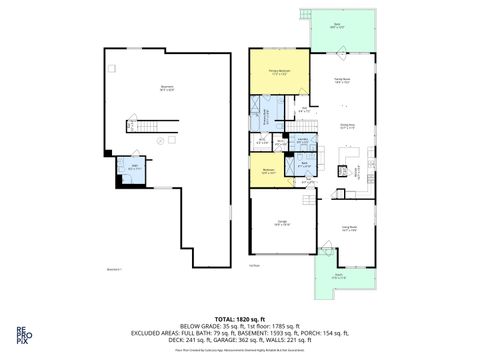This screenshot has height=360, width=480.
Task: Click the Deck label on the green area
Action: pos(337,25)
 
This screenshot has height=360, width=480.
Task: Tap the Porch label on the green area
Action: pos(338,276)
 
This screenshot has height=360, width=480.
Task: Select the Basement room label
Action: pos(167,88)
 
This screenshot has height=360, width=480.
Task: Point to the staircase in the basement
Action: pos(146,127)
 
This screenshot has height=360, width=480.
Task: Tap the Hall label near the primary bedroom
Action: pos(301,109)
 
